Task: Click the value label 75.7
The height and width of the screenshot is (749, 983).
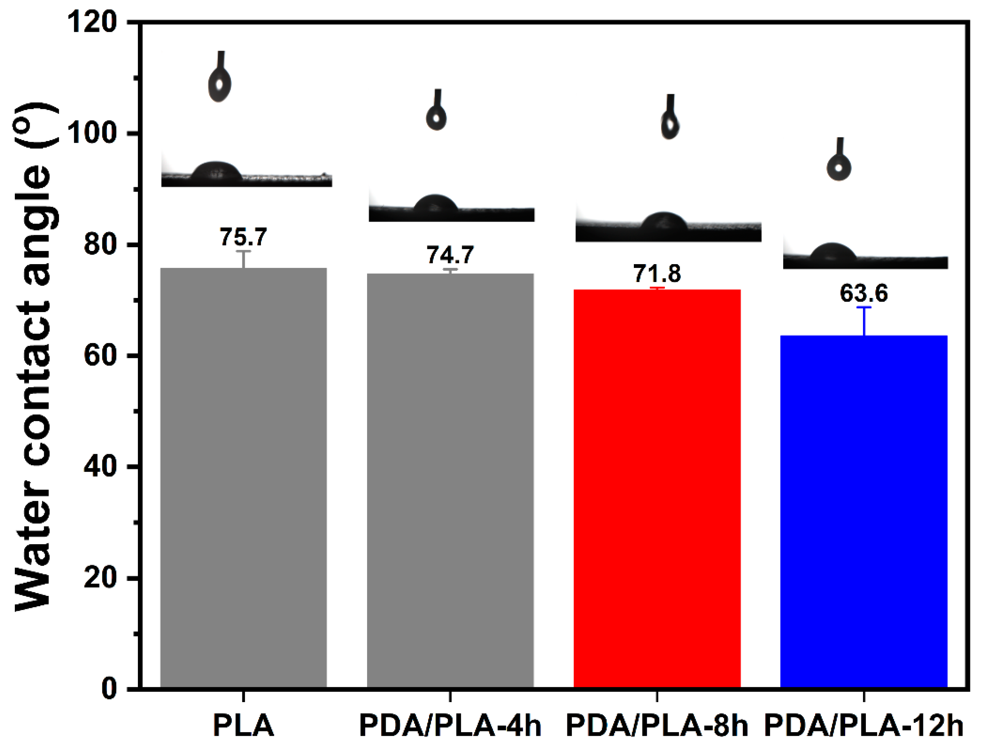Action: [243, 237]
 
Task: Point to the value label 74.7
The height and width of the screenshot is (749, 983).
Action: [450, 255]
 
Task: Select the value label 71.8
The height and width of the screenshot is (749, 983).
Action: [657, 273]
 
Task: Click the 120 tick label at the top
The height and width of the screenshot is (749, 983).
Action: [91, 22]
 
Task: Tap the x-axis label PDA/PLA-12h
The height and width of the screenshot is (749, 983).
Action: [864, 725]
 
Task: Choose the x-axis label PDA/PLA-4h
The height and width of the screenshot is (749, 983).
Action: [450, 725]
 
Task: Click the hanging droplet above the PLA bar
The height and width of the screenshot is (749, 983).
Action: [219, 85]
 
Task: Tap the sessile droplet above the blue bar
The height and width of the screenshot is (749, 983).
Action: [832, 252]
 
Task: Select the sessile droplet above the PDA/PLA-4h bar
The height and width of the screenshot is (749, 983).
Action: [436, 204]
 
